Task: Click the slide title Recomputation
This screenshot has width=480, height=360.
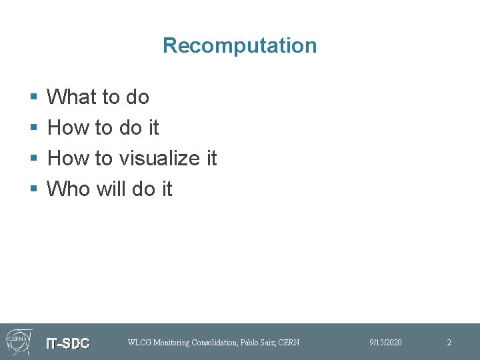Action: click(239, 45)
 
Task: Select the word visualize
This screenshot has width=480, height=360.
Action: click(159, 159)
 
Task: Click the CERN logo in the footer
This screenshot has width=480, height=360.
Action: click(18, 341)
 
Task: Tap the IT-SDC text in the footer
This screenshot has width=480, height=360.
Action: click(67, 343)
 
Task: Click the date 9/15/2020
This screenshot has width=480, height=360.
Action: click(385, 343)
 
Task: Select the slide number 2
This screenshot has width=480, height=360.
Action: click(449, 343)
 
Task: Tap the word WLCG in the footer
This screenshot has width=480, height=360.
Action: click(139, 343)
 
